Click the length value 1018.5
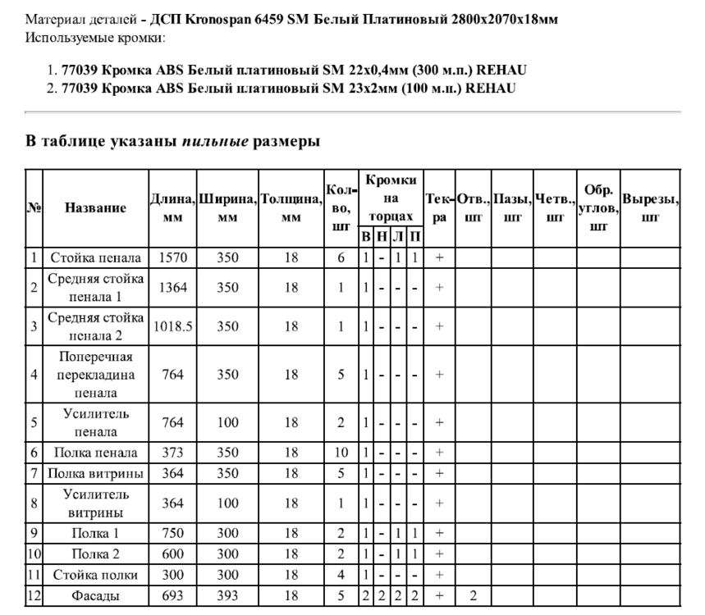(x=172, y=326)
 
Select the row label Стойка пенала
(x=95, y=257)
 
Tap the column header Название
(x=95, y=208)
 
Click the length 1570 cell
(x=172, y=257)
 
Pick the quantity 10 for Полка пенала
(x=341, y=453)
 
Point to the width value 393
(x=227, y=595)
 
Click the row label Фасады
(x=95, y=595)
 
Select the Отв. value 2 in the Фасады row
(x=474, y=595)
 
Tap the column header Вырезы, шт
(x=650, y=208)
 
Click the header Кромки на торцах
(x=391, y=198)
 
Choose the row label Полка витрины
(x=95, y=473)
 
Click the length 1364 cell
(x=172, y=288)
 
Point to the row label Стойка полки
(x=95, y=575)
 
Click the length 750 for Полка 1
(x=172, y=534)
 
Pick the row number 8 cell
(x=34, y=503)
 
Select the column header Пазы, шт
(x=512, y=208)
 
